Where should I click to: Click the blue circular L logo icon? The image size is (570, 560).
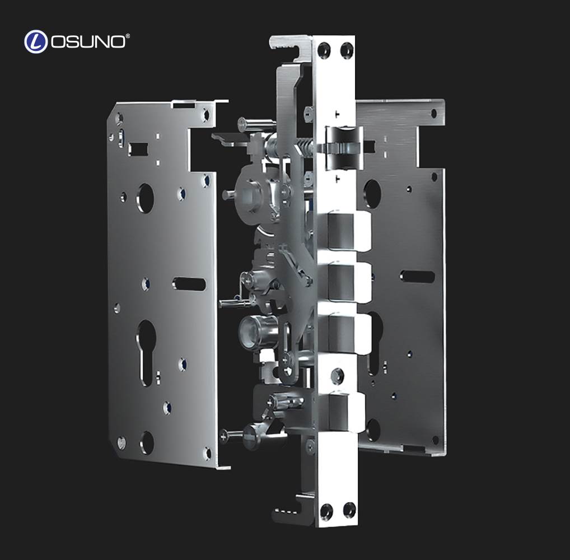click(x=36, y=41)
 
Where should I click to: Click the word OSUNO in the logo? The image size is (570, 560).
click(x=88, y=42)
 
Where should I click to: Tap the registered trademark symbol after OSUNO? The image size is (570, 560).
click(x=128, y=36)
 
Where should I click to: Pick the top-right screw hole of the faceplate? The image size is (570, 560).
click(x=347, y=50)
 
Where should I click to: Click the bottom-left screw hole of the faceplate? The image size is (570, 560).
click(x=326, y=512)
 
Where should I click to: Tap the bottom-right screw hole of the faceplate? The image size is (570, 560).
click(x=349, y=510)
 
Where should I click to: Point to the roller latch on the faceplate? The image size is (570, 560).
click(x=344, y=148)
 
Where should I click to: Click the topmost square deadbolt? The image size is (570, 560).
click(x=349, y=231)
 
